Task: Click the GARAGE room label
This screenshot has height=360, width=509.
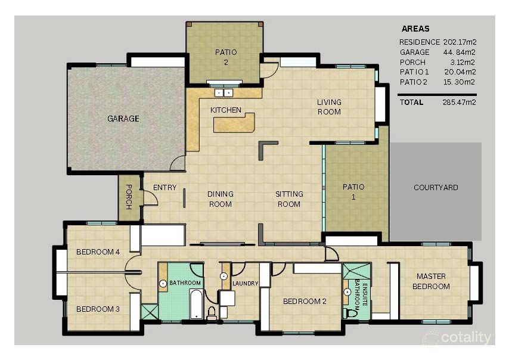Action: [x=123, y=119]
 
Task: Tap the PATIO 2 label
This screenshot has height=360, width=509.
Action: [x=226, y=57]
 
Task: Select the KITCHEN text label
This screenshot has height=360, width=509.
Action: [x=226, y=110]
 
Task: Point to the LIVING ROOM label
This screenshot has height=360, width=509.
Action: [x=328, y=107]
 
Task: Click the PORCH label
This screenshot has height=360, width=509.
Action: [x=128, y=196]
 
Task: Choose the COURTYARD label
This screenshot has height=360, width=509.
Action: [x=436, y=188]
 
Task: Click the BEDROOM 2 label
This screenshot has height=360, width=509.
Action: [x=305, y=302]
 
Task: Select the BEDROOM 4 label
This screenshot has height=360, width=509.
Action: [x=98, y=252]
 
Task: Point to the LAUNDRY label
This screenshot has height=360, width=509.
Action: [x=245, y=284]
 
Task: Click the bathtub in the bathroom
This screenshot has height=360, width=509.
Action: [x=195, y=305]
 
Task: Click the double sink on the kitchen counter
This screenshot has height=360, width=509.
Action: [x=224, y=92]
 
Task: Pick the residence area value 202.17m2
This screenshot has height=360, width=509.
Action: [x=460, y=42]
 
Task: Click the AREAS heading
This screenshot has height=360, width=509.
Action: [x=415, y=29]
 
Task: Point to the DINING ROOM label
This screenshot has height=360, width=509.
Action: [x=220, y=199]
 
